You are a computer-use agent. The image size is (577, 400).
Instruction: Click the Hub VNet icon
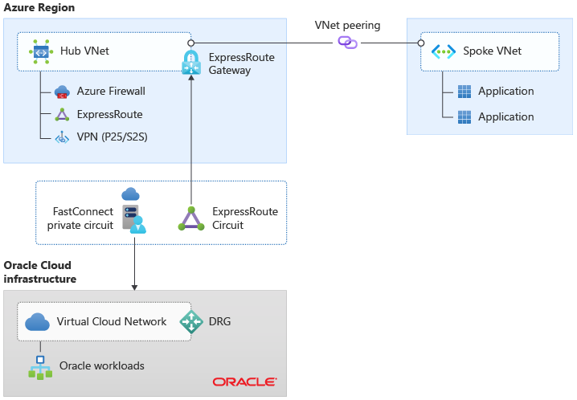point(41,51)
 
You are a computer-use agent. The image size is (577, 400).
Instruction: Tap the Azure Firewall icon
point(63,92)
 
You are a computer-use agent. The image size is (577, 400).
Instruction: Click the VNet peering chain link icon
point(347,42)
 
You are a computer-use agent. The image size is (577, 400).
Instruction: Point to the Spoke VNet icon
point(444,51)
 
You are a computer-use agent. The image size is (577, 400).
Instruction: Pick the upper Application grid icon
point(464,92)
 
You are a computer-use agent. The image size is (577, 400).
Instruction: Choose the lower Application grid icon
point(464,117)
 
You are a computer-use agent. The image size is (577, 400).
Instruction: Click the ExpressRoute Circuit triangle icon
point(191,218)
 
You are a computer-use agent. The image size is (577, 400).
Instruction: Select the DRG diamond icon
point(191,322)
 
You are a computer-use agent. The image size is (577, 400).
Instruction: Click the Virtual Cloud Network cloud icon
point(38,322)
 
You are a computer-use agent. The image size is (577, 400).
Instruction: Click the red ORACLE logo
point(244,382)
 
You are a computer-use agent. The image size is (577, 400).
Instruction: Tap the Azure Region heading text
point(39,8)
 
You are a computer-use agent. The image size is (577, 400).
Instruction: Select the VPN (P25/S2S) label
point(112,137)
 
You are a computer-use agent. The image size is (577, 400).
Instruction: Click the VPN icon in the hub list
point(63,137)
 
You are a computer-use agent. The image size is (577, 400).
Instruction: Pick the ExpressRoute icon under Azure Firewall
point(63,115)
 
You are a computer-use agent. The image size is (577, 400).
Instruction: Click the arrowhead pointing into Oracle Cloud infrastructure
point(133,286)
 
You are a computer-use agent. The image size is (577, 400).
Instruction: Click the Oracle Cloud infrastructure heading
point(40,271)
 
